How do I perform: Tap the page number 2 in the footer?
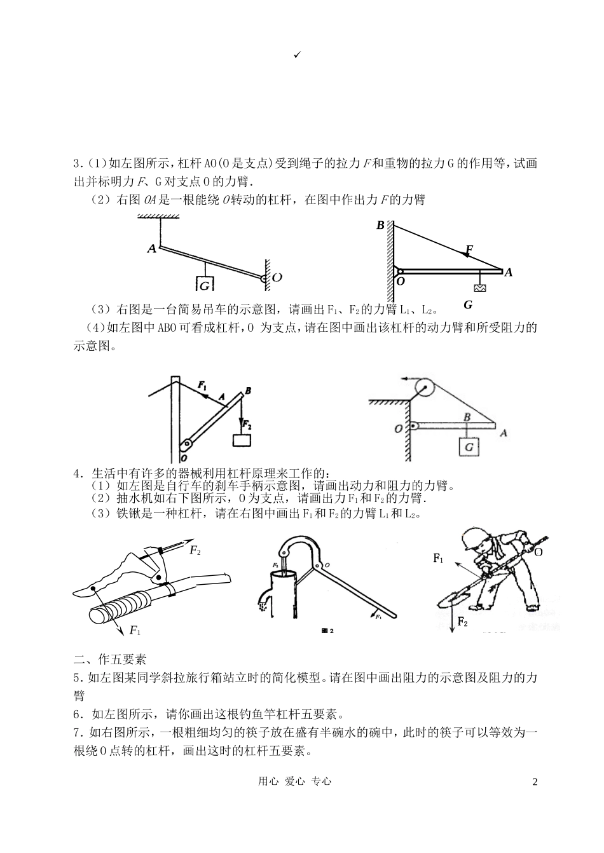(535, 781)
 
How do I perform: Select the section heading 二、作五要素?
(110, 659)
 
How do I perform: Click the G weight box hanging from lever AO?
(205, 285)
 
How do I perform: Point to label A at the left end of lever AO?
(151, 249)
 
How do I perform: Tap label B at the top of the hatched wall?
(380, 225)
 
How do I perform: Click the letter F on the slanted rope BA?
(469, 249)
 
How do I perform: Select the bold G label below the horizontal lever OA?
(468, 304)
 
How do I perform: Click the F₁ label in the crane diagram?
(202, 385)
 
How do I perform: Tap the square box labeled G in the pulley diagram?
(470, 447)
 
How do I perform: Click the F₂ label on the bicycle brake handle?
(195, 550)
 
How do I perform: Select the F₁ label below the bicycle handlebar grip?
(134, 630)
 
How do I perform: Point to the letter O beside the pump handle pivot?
(327, 564)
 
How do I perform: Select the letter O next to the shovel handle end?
(538, 552)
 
